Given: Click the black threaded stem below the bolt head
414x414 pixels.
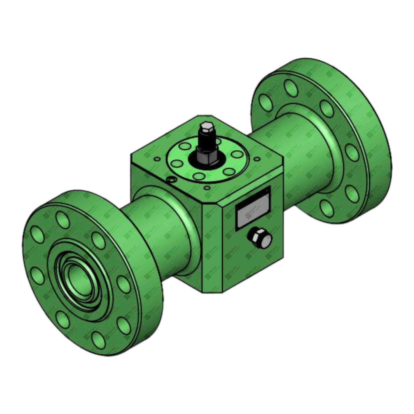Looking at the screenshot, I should [206, 143].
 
